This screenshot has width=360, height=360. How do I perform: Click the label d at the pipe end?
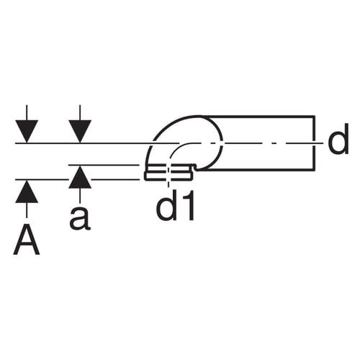[338, 139]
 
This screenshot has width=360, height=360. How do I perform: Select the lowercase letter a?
[80, 218]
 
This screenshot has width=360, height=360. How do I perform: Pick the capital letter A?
[27, 240]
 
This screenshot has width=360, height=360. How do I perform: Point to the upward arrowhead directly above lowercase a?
[80, 178]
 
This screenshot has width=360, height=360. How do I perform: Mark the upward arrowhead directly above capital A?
[27, 192]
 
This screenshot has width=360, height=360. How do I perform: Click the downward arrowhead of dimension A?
[27, 131]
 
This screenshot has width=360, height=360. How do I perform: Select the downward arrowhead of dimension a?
[80, 131]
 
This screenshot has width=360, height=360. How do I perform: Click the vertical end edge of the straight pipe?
[314, 143]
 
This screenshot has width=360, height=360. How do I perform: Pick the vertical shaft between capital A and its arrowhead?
[27, 210]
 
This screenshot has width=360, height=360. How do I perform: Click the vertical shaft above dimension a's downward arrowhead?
[80, 112]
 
